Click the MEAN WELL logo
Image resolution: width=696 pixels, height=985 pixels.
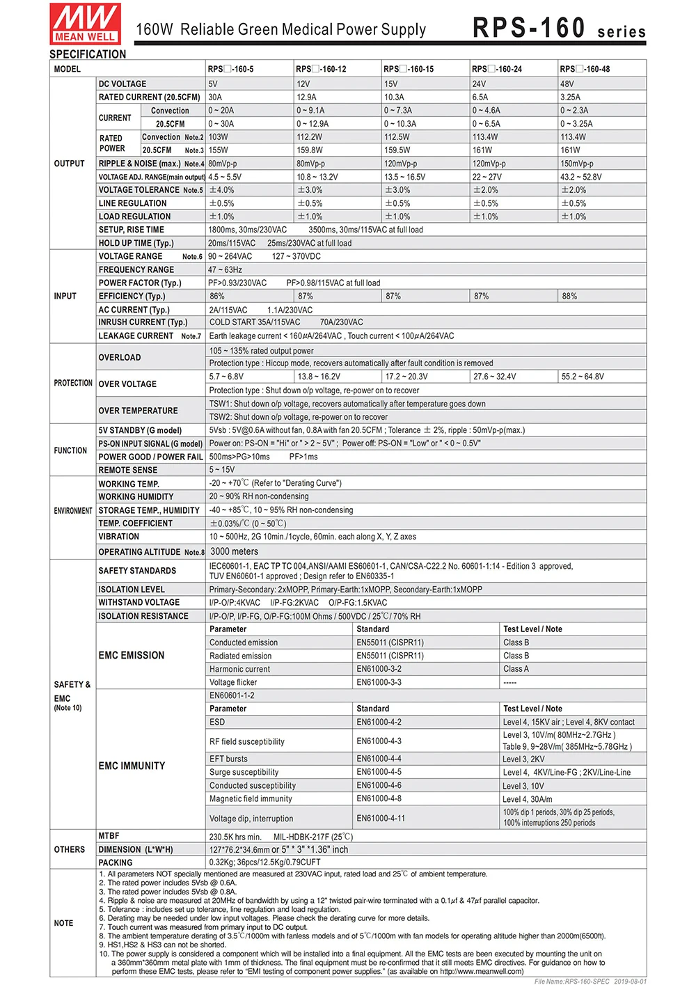85,24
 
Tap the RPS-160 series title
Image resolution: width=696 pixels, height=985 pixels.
559,28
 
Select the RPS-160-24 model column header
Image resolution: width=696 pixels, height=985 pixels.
497,69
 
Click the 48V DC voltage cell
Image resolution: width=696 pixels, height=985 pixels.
567,84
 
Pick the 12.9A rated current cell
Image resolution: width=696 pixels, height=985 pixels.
306,97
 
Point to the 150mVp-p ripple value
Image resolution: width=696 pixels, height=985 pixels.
577,164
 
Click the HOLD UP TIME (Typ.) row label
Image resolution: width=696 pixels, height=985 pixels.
136,243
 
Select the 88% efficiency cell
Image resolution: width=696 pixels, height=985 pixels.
569,296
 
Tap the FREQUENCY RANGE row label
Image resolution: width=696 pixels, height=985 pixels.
136,269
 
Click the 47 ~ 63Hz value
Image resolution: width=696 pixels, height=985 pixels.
225,269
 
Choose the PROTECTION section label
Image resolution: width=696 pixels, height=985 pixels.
73,383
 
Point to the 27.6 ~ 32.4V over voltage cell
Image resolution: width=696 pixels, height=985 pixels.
494,377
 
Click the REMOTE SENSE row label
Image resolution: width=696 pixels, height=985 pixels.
128,470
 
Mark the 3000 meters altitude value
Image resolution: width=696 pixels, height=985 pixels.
234,551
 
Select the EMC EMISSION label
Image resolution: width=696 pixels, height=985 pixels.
132,655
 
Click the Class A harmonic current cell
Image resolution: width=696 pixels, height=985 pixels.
516,669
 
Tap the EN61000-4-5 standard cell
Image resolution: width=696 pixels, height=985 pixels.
379,772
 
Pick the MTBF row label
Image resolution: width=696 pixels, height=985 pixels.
109,836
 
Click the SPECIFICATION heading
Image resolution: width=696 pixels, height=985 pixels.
88,54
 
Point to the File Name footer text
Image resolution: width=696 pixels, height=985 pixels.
590,982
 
